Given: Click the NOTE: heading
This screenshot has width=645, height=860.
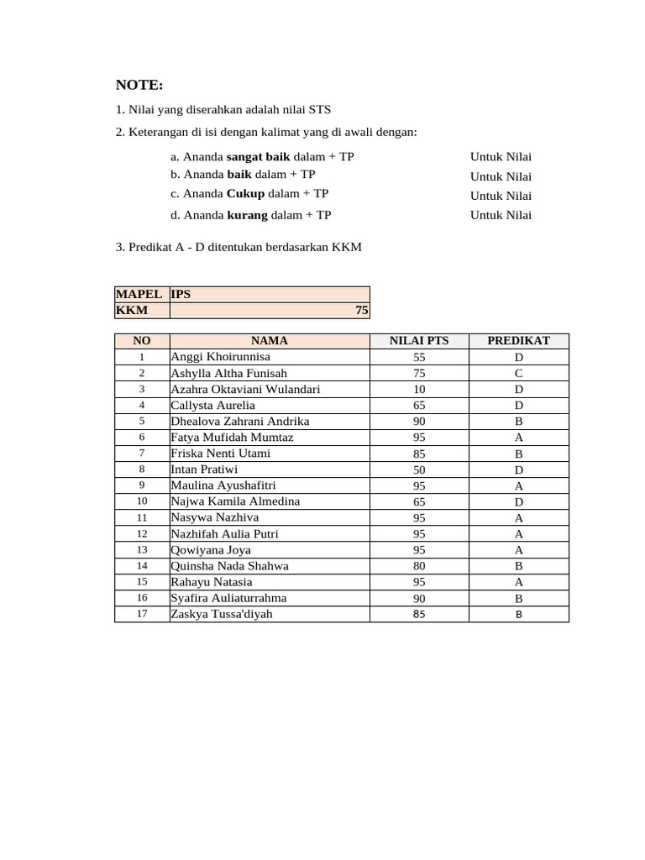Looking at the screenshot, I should (139, 85).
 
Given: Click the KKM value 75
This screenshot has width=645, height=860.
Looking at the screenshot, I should (361, 310).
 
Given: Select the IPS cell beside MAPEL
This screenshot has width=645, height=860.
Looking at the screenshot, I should (181, 294).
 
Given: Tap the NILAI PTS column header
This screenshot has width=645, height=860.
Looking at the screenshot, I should (419, 341).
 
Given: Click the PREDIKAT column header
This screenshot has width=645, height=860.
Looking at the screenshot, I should (518, 341).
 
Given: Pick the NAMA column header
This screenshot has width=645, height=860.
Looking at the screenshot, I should (269, 341).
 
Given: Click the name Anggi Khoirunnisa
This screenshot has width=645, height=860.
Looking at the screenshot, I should (220, 357).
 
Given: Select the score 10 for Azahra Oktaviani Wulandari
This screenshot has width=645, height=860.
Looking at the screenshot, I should (419, 390).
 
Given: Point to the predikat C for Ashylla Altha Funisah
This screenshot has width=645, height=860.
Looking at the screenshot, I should (518, 374).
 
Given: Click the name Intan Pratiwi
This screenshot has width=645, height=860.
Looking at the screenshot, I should (204, 469).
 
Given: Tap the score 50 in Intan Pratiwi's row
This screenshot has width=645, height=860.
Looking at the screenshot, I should (419, 469).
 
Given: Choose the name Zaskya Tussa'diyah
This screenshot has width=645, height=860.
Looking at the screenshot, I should (221, 614).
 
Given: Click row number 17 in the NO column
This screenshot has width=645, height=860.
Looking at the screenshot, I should (142, 614).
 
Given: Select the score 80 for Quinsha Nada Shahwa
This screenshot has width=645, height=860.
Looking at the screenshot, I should (419, 566).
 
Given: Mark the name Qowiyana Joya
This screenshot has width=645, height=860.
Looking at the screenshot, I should (210, 550).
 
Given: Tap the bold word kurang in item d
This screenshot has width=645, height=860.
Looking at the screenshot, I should (247, 215).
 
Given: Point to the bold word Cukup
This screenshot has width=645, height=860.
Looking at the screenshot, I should (245, 193).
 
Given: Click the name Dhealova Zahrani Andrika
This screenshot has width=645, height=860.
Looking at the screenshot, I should (239, 422).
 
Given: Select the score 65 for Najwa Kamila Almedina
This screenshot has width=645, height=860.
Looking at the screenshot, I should (419, 501).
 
